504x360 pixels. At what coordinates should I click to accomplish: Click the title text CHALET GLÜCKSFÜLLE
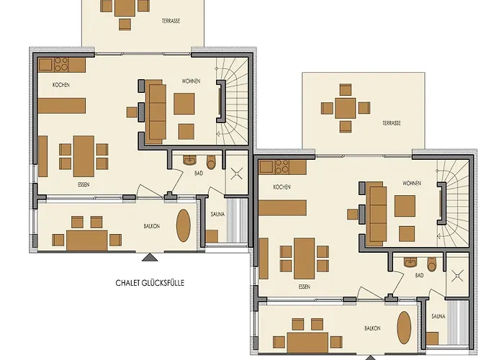point(150,283)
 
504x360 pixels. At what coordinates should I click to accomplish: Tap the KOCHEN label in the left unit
point(61,85)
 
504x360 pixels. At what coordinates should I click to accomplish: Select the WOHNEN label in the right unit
point(412,183)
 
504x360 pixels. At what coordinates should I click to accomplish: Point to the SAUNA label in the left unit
point(217,214)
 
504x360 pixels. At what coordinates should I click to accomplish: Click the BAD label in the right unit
point(419,276)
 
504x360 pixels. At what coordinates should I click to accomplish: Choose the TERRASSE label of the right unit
point(392,123)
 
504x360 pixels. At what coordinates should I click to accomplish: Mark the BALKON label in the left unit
point(152,226)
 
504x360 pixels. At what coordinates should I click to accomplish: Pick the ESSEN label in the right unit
point(304,287)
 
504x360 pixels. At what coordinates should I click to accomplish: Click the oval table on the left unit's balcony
point(184,225)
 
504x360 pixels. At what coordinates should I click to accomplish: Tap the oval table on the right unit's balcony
point(404,328)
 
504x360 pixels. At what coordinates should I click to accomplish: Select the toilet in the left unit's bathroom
point(211,162)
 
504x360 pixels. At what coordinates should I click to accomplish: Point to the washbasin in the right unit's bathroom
point(410,262)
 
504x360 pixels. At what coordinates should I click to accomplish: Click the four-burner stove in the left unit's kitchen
point(61,64)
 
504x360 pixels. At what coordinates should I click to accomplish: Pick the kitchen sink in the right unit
point(266,167)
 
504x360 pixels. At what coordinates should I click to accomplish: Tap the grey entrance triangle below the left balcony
point(150,257)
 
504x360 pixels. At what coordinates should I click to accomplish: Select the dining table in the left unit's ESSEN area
point(84,156)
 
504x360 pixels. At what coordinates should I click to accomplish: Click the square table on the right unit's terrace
point(345,108)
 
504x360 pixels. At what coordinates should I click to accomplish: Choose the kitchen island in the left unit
point(62,106)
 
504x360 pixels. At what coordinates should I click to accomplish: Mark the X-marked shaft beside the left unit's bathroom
point(237,174)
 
